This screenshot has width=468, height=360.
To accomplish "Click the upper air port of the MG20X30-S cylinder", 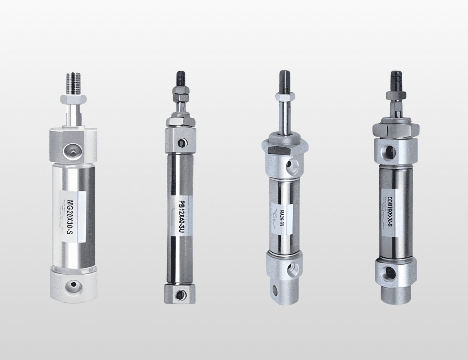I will click(x=72, y=149).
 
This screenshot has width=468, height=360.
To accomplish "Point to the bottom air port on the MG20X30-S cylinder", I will click(x=73, y=285).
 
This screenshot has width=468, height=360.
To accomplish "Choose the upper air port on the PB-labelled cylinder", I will click(x=182, y=143).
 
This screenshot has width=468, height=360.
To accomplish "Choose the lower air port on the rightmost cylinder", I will click(x=388, y=272).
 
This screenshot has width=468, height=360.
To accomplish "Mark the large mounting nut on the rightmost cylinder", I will click(x=395, y=128).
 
